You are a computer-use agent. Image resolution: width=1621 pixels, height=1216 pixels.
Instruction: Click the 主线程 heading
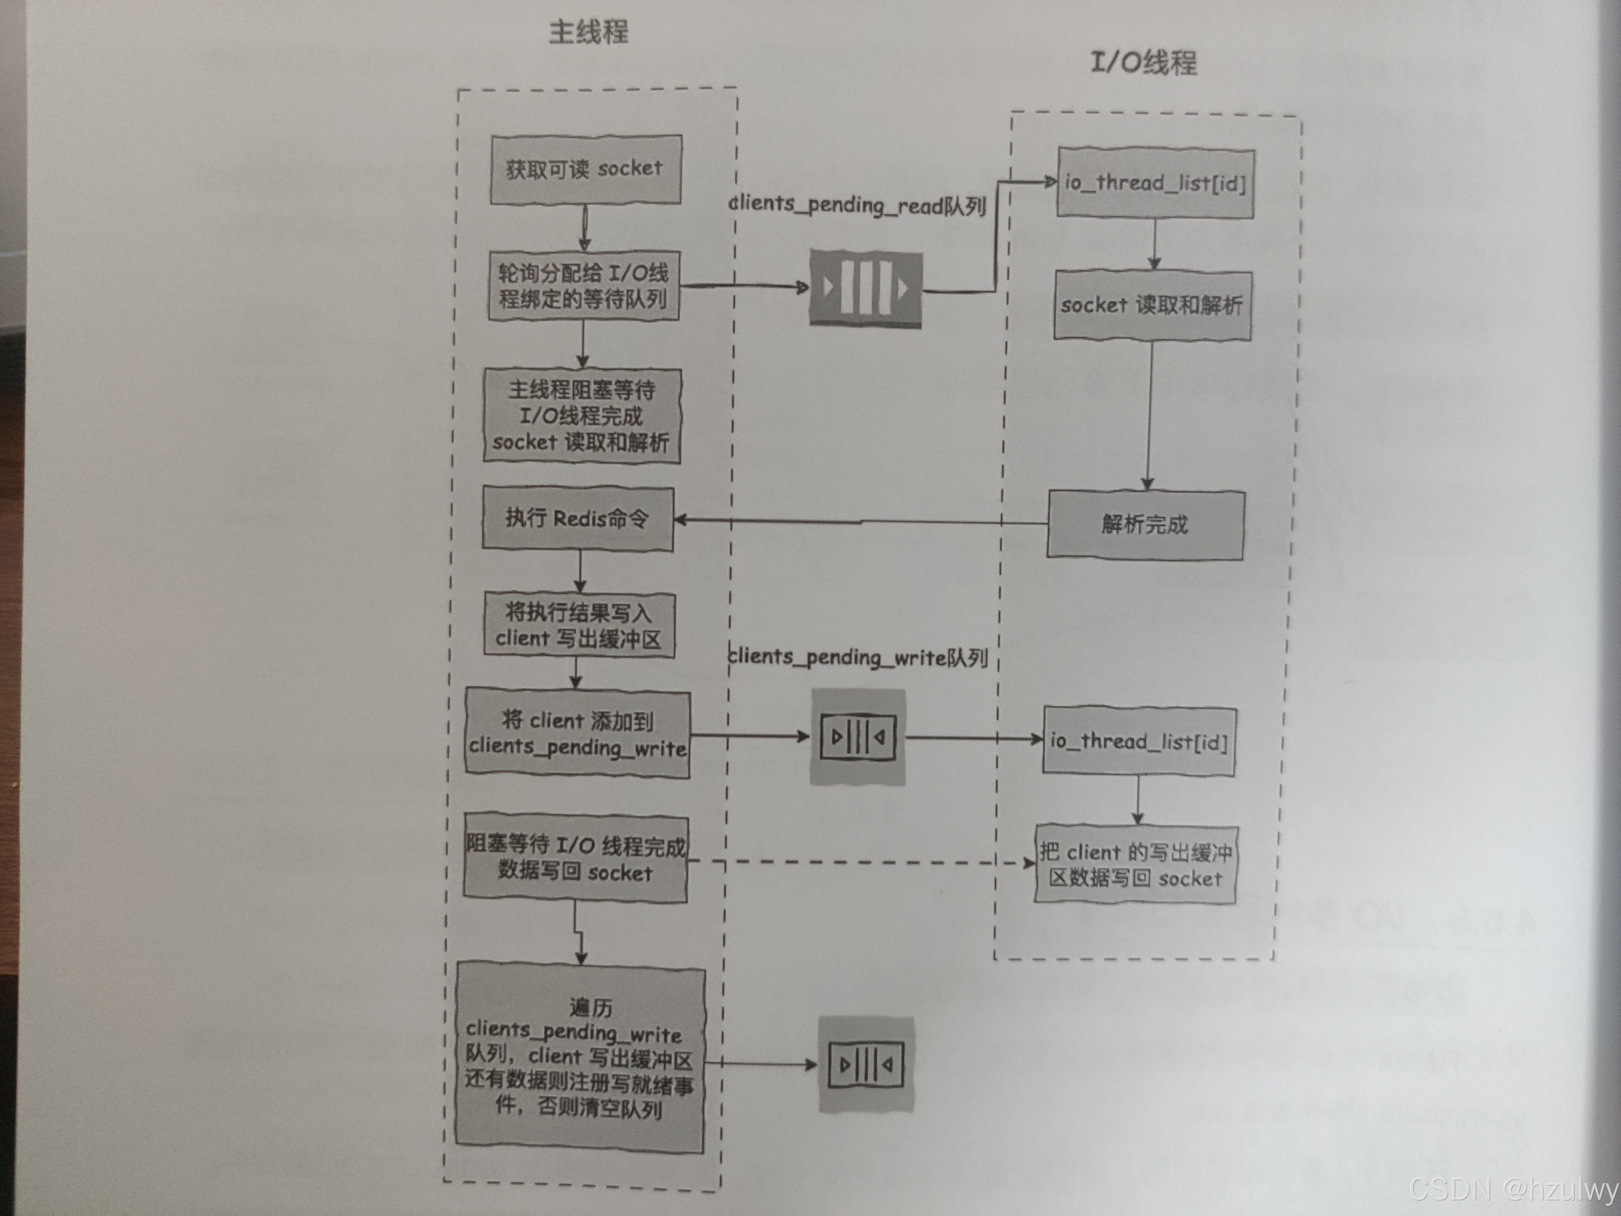click(x=588, y=32)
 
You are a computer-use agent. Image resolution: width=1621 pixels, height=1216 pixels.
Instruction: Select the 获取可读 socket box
click(x=585, y=169)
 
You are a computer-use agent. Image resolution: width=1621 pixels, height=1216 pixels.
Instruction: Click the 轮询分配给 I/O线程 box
click(x=583, y=286)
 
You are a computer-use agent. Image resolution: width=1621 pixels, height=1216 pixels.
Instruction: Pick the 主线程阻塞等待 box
click(x=582, y=415)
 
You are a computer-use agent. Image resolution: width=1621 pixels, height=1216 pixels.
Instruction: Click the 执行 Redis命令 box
click(x=577, y=518)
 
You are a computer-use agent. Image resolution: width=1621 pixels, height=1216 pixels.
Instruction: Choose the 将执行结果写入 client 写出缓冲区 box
click(x=579, y=625)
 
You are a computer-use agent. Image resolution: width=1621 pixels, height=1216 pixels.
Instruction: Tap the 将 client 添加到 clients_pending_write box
click(x=577, y=733)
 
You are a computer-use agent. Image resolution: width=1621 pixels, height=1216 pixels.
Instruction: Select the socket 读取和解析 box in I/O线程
click(x=1152, y=305)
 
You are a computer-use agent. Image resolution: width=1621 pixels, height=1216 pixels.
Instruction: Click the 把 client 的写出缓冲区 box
click(x=1135, y=865)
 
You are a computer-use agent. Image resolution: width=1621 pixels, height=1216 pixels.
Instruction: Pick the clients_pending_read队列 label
click(x=858, y=205)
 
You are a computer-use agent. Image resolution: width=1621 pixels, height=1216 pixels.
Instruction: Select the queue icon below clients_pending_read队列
click(x=866, y=288)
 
